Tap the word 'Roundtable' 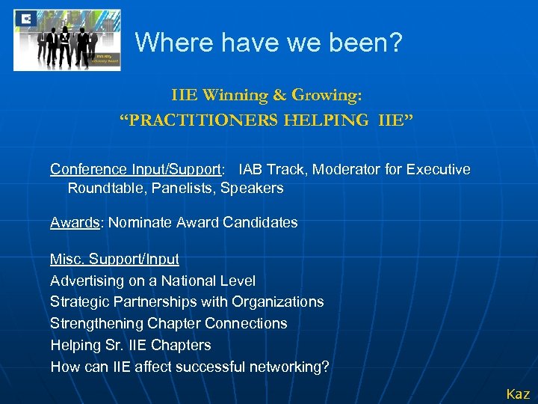(x=105, y=188)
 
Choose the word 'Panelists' (x=183, y=188)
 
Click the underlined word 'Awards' (x=73, y=222)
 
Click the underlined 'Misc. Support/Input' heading (x=114, y=259)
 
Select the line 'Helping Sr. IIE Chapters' (x=131, y=345)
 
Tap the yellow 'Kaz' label (x=518, y=394)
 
